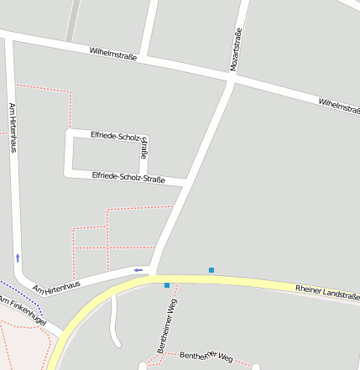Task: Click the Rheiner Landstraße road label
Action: [327, 292]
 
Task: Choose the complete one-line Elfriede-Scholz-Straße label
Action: [128, 177]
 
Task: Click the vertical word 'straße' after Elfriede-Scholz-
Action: [143, 147]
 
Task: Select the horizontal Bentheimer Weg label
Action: [206, 357]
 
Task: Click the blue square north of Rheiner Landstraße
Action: [211, 270]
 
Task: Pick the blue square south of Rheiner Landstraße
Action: [167, 285]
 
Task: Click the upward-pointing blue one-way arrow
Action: [17, 258]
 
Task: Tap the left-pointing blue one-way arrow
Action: [138, 270]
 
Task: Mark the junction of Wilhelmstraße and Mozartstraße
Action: [232, 80]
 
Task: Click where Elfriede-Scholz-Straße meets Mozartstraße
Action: [186, 180]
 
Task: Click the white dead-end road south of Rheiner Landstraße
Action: [114, 319]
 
